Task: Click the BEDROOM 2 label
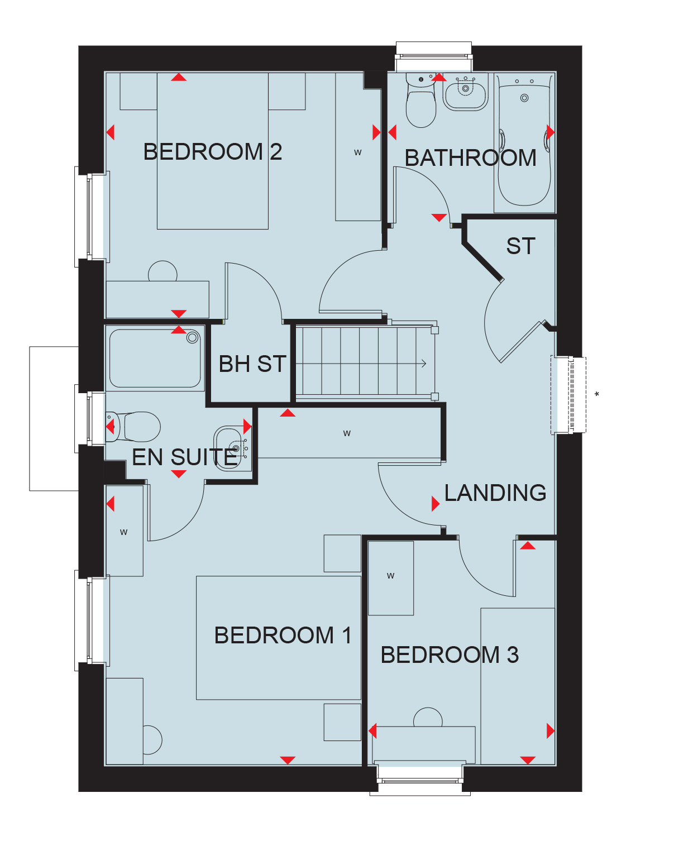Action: [x=213, y=152]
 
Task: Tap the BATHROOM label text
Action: [x=471, y=157]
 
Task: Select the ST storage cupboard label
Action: [x=520, y=246]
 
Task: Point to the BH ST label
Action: [x=252, y=364]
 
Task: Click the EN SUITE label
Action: [x=184, y=457]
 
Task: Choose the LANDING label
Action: [x=495, y=493]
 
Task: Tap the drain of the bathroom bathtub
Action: [x=524, y=98]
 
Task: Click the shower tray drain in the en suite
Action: [x=192, y=338]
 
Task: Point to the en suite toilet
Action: [x=132, y=427]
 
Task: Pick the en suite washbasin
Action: [x=232, y=448]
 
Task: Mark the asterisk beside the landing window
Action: [x=596, y=394]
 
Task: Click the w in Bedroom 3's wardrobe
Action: [x=391, y=576]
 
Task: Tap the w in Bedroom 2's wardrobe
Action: [x=358, y=152]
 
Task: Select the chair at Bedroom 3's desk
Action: [x=428, y=718]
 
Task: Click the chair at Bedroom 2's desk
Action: [x=162, y=271]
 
